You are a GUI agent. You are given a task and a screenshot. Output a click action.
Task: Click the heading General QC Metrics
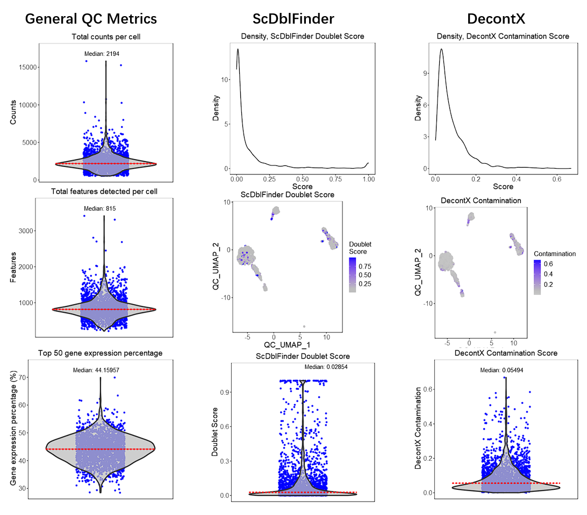91,19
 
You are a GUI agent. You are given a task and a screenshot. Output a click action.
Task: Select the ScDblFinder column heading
293,19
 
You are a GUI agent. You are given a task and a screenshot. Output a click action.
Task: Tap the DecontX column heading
496,19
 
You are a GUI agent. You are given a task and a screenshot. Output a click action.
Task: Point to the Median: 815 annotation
100,208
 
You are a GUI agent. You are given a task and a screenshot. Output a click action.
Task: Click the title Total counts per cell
103,37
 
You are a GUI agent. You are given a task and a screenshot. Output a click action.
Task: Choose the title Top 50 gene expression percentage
101,353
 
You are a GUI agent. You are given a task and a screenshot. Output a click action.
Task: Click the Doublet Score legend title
360,248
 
